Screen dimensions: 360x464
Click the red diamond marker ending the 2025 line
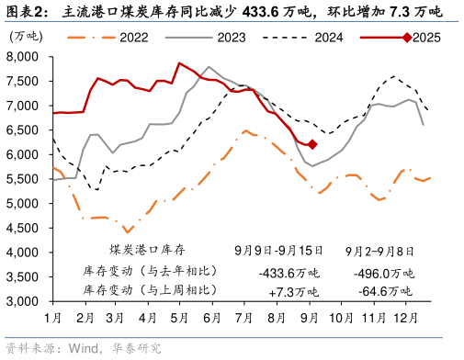pos(312,144)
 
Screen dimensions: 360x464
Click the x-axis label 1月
pos(52,317)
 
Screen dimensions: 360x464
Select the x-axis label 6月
pos(210,317)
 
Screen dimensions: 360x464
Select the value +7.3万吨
pos(293,291)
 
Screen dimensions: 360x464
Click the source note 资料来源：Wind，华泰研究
pos(83,349)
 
